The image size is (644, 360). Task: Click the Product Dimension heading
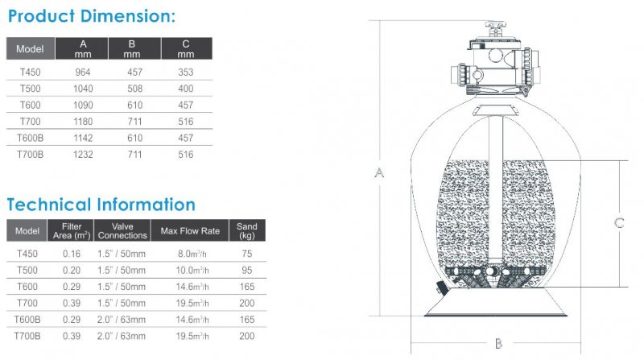point(92,16)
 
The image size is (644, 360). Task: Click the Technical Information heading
point(101,205)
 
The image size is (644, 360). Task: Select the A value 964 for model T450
point(83,72)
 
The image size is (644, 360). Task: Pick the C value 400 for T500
point(186,89)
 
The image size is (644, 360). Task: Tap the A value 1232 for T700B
point(83,155)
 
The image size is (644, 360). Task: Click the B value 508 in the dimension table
point(134,89)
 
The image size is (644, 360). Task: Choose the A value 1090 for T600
point(83,106)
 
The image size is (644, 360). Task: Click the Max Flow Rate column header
point(190,231)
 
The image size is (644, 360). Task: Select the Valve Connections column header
point(122,230)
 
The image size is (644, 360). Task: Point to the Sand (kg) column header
point(247,230)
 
